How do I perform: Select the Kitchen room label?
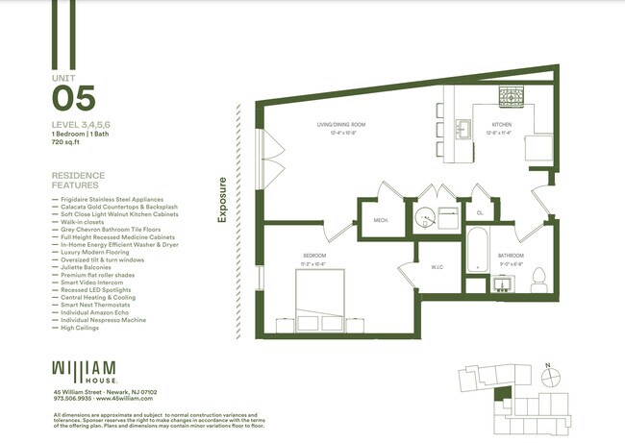coord(503,126)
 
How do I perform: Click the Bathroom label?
coord(511,255)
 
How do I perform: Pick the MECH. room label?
coord(380,220)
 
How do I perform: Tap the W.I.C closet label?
coord(436,267)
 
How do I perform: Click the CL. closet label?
coord(480,212)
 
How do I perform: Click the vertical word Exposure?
coord(222,200)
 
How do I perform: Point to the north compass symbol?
coord(547,365)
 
